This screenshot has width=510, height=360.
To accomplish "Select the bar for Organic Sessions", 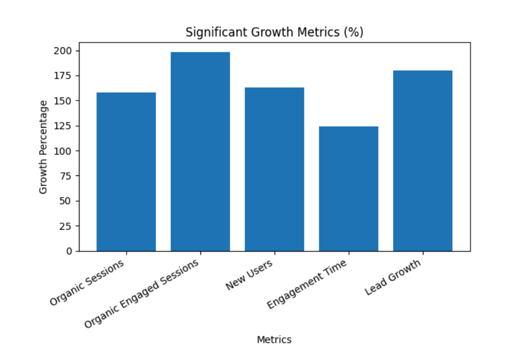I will pos(126,172).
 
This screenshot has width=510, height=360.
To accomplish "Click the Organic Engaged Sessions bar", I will pos(200,151).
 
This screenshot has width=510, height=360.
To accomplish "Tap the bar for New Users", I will pos(274,169).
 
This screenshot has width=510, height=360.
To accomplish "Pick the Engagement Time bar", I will pos(349,189).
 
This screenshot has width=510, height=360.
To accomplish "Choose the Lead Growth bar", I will pos(422,161).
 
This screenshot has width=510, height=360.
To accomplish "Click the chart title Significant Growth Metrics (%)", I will pos(274,32).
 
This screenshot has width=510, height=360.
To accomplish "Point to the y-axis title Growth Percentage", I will pos(44,147).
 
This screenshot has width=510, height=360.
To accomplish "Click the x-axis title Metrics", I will pos(274,339).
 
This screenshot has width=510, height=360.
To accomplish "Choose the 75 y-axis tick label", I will pos(67,176).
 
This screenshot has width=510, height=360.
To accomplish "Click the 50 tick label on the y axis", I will pos(67,201).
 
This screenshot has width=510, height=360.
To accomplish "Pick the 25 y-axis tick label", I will pos(67,226).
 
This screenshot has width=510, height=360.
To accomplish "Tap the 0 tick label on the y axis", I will pos(69,251).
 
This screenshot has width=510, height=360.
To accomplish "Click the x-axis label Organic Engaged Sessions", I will pos(142,294).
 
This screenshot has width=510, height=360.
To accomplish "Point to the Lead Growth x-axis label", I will pos(393,277).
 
